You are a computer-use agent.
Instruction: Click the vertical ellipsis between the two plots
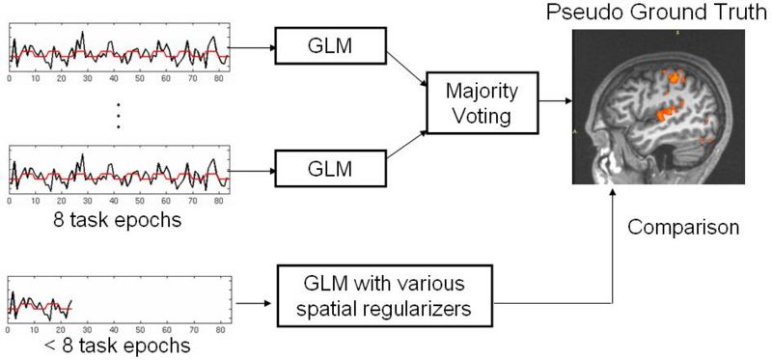[118, 114]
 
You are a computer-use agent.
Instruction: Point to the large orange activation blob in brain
[664, 114]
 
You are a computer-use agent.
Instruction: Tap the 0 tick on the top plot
[10, 77]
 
